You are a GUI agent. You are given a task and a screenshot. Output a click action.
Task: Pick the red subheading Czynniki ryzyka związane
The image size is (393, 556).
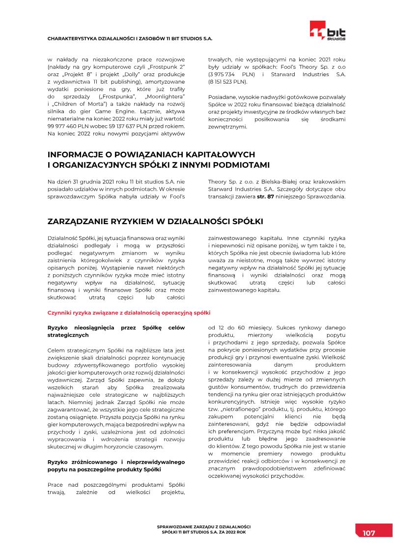point(129,312)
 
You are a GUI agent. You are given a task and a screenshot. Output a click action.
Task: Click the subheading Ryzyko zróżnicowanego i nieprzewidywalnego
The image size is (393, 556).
point(116,462)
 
